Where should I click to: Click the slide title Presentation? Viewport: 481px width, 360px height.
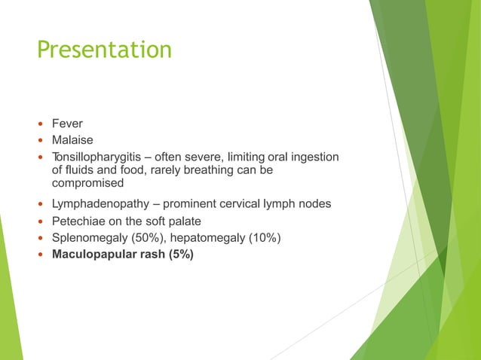click(x=104, y=50)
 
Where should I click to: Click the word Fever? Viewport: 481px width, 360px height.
click(x=67, y=123)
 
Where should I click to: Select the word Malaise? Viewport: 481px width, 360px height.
click(x=72, y=139)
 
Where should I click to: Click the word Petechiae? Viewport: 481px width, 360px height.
click(x=81, y=221)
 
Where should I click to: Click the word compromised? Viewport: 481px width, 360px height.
click(x=87, y=183)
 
